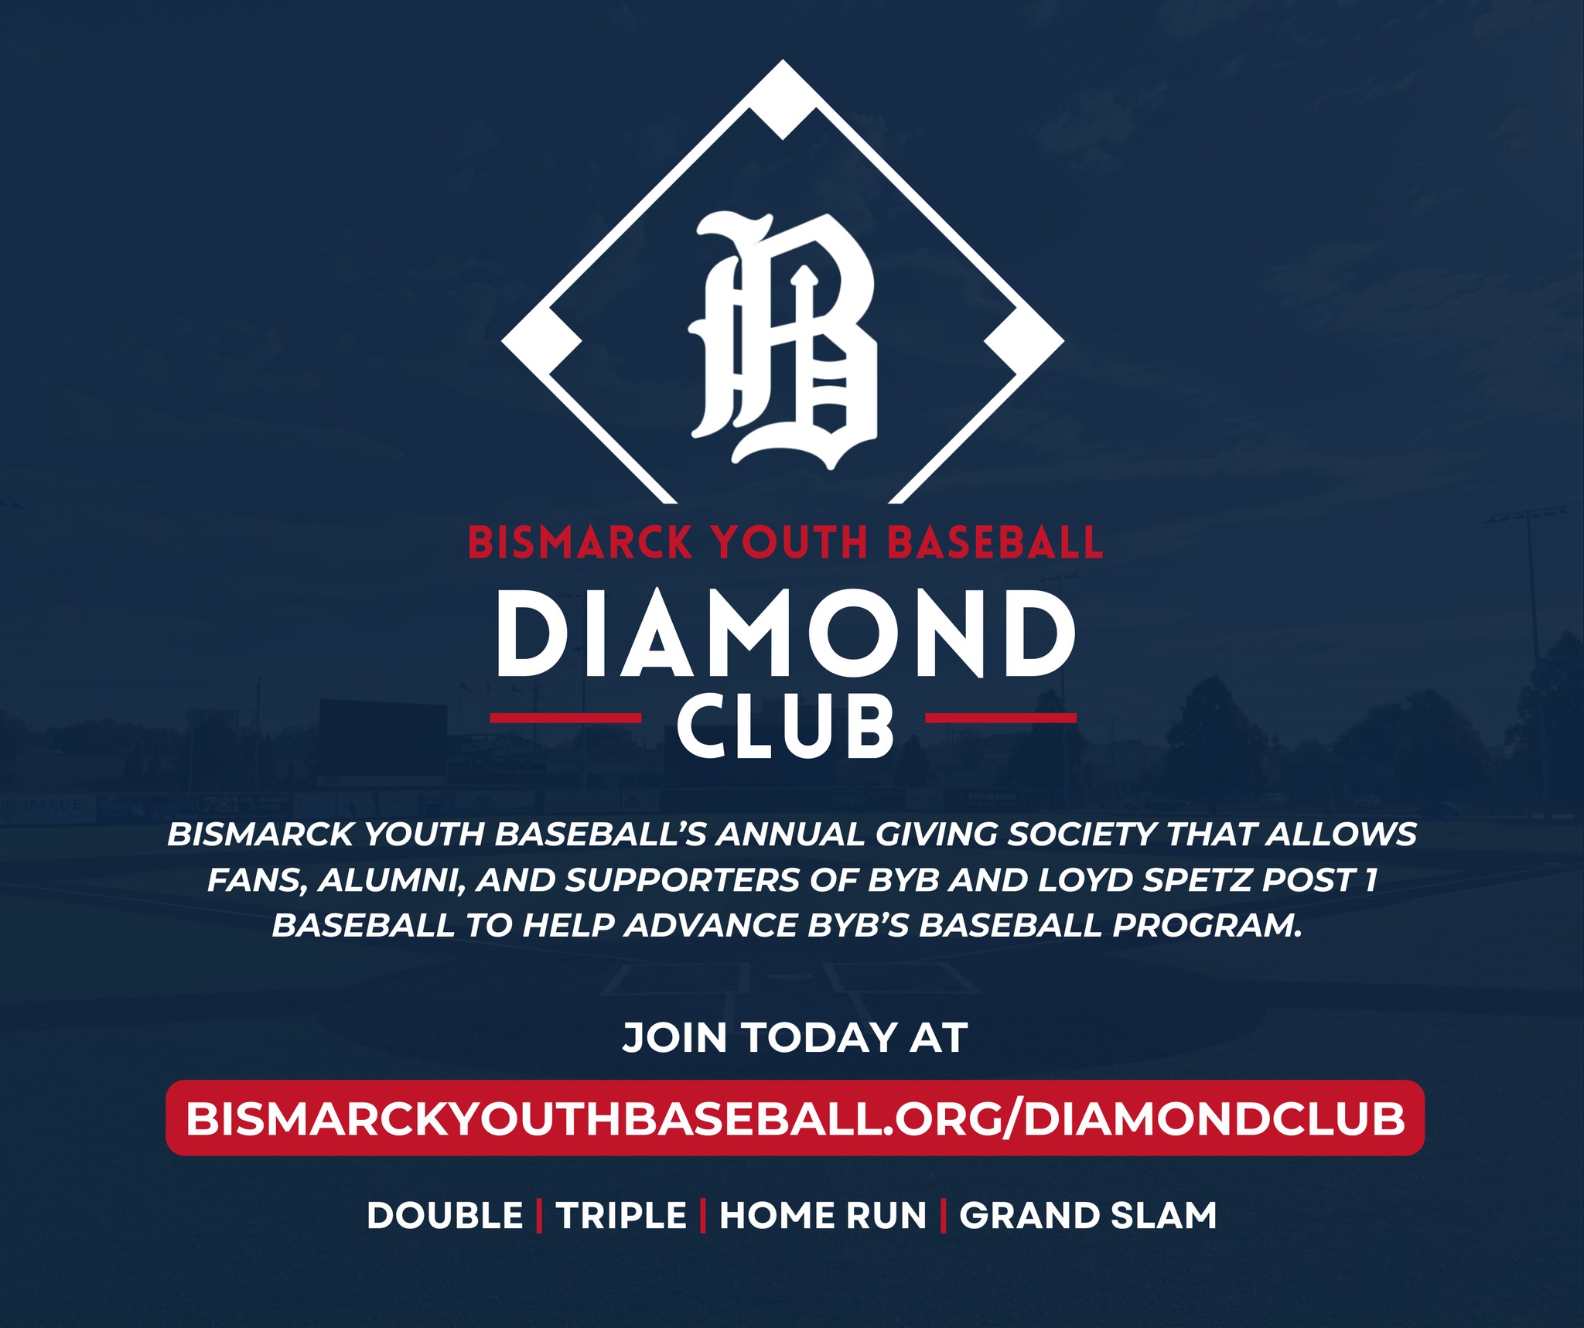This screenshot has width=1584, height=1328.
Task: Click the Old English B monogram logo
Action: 783,340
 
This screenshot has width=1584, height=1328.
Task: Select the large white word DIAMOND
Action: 784,634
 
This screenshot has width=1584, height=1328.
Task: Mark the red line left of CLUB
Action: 565,718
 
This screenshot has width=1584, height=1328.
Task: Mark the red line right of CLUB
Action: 1001,718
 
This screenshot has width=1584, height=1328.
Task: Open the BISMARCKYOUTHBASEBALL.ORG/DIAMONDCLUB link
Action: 795,1118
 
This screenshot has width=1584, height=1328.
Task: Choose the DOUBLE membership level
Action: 445,1215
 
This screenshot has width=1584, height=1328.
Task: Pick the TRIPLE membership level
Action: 621,1215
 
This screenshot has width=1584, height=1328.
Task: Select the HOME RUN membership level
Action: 823,1215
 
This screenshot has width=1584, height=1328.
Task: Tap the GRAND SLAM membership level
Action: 1088,1215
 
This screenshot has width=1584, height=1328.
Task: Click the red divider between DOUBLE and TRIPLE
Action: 539,1215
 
